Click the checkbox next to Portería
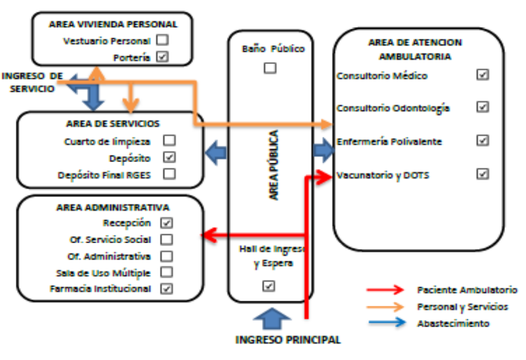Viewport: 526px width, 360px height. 162,57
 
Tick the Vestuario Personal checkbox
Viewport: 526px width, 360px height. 162,41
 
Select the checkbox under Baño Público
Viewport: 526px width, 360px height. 270,68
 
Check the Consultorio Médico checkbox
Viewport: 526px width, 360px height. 483,75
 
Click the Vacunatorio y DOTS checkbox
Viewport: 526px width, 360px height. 483,174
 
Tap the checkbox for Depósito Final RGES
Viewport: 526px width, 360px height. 169,174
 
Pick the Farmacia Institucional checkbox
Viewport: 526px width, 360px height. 167,288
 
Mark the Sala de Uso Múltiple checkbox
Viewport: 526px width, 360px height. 167,272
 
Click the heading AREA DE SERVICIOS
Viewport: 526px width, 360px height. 112,124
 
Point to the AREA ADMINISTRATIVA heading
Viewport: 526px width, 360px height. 113,207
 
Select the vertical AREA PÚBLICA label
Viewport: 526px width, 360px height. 274,165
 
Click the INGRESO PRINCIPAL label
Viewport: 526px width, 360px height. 288,339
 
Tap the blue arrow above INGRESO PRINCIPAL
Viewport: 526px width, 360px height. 272,319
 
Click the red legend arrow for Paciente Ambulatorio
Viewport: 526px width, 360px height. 385,290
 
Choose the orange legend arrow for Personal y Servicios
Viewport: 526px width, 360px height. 385,306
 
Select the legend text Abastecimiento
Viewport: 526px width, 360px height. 453,323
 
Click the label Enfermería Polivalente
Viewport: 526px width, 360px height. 389,142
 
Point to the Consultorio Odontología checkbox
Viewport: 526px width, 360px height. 483,107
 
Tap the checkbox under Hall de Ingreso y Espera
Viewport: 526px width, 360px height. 269,285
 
